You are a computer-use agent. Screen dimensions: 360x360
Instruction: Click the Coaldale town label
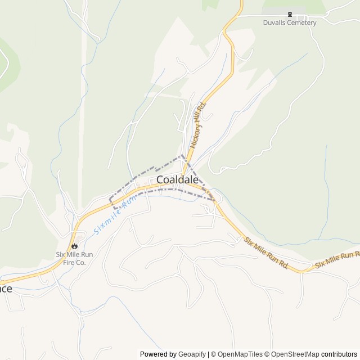pyautogui.click(x=177, y=179)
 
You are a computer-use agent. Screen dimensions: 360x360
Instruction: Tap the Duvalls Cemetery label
pyautogui.click(x=290, y=22)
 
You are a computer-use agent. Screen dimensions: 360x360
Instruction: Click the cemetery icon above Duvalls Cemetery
pyautogui.click(x=290, y=14)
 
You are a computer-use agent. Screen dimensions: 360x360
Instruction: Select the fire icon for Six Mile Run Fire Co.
pyautogui.click(x=74, y=245)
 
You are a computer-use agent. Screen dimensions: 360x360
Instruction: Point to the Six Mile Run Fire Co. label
pyautogui.click(x=74, y=258)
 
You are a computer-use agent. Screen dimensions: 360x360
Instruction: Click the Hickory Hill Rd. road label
pyautogui.click(x=199, y=125)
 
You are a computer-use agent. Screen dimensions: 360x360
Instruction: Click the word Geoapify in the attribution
pyautogui.click(x=192, y=354)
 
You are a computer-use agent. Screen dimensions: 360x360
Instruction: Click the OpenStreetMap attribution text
pyautogui.click(x=293, y=354)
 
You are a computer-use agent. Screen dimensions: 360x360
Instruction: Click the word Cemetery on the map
pyautogui.click(x=302, y=22)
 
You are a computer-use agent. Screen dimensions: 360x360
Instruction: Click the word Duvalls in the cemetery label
pyautogui.click(x=275, y=22)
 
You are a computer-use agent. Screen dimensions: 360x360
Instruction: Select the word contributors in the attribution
pyautogui.click(x=339, y=354)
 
